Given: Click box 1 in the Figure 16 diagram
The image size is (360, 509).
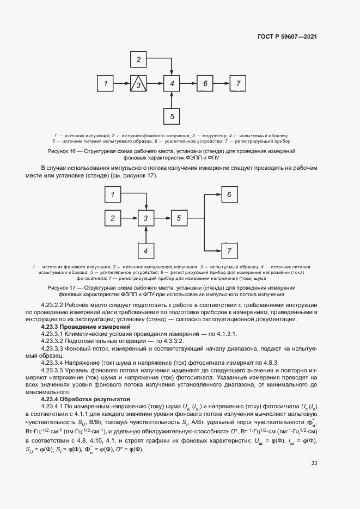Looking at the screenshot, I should (106, 83).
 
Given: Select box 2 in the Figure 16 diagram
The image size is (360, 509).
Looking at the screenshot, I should (139, 59).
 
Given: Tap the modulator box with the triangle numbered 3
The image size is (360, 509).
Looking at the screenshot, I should (139, 84).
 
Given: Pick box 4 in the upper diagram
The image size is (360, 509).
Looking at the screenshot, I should (172, 83).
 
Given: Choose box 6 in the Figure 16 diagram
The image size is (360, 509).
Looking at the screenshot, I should (205, 83).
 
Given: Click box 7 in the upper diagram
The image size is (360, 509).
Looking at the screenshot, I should (238, 83).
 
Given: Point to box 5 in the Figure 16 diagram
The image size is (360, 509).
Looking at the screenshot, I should (172, 115).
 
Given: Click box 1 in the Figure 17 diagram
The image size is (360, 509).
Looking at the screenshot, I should (113, 194).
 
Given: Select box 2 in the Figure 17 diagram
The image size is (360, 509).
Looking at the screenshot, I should (113, 218).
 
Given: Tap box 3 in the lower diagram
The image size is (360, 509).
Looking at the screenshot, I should (145, 218).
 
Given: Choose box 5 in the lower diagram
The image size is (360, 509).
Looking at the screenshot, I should (179, 218).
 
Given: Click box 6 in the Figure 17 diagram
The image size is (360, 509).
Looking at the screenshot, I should (229, 194).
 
